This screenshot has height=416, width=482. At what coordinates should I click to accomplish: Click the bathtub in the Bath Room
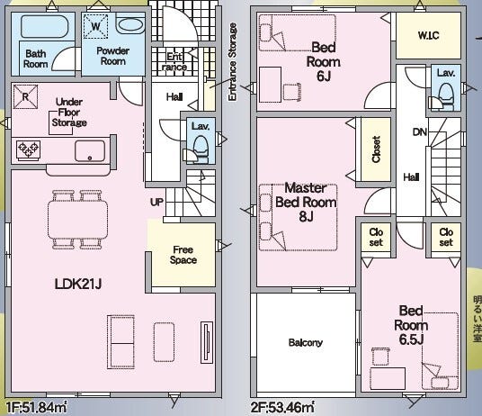[x=44, y=26]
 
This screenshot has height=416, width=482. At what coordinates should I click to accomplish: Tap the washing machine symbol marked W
[x=95, y=26]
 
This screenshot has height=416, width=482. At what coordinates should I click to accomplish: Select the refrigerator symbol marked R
[x=25, y=97]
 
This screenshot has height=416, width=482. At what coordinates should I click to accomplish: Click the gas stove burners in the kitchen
[x=28, y=150]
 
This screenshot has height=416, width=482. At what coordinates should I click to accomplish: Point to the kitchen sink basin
[x=90, y=150]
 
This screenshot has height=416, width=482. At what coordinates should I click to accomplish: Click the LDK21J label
[x=78, y=284]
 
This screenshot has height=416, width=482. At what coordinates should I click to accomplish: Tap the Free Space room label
[x=183, y=255]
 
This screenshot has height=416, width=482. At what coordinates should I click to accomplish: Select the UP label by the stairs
[x=156, y=203]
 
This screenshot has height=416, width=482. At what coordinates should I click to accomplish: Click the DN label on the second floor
[x=420, y=132]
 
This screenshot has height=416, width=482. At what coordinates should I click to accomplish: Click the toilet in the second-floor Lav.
[x=442, y=97]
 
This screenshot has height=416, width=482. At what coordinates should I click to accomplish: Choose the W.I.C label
[x=428, y=35]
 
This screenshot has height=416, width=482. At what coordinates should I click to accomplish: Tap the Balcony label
[x=306, y=342]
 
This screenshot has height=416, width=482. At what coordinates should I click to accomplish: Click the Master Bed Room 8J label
[x=306, y=203]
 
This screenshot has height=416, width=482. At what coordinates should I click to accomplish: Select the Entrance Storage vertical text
[x=233, y=61]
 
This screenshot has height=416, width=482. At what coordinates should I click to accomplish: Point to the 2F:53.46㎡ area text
[x=282, y=408]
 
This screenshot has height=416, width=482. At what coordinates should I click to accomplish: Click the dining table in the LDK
[x=77, y=220]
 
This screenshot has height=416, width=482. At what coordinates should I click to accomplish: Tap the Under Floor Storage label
[x=69, y=113]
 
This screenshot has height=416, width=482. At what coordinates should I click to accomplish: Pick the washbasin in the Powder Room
[x=130, y=24]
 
